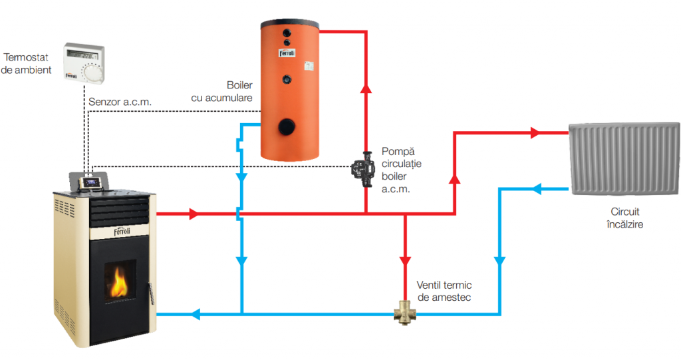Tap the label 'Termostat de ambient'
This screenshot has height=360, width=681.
(x=27, y=63)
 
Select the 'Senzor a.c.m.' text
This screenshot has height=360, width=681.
(x=120, y=102)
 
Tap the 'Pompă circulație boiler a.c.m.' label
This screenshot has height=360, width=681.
(x=402, y=170)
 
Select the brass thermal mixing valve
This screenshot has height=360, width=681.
(x=404, y=312)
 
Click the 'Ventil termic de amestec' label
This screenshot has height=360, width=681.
(x=444, y=291)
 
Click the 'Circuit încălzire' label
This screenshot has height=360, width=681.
(x=625, y=218)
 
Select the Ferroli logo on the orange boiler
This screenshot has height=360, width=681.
(x=287, y=53)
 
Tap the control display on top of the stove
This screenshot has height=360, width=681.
(x=90, y=180)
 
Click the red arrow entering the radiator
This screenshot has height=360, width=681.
(x=535, y=133)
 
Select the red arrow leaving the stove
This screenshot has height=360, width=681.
(x=194, y=214)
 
